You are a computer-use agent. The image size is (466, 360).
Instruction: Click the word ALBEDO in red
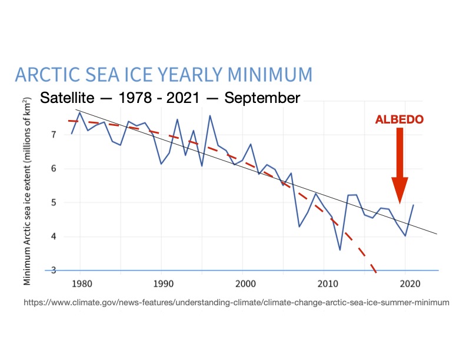click(400, 119)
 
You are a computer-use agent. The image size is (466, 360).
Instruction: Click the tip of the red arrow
click(400, 203)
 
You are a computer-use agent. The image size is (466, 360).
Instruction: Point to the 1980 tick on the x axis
click(81, 283)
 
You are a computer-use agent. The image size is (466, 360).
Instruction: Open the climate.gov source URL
click(236, 302)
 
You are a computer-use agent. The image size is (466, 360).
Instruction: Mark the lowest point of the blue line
click(340, 250)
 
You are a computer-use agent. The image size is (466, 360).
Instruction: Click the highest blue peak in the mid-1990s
click(210, 115)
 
